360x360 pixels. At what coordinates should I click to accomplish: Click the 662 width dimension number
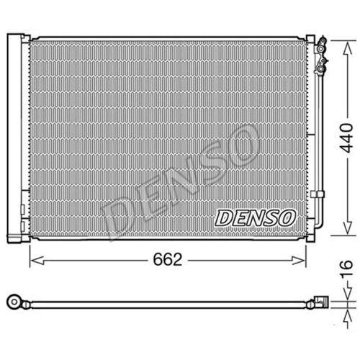pos(168,259)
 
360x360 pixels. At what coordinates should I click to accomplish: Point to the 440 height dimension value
pos(347,138)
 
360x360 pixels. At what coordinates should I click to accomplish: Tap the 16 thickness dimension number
pos(347,269)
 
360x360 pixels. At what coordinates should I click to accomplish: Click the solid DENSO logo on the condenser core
pos(256,218)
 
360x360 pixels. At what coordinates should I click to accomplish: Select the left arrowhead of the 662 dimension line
pos(37,260)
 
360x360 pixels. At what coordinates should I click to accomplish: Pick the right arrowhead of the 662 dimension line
pos(298,260)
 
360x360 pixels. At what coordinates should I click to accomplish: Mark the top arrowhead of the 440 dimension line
pos(347,50)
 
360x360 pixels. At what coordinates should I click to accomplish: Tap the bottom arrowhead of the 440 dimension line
pos(347,227)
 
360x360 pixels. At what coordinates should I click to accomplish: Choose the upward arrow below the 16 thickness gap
pos(347,318)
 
